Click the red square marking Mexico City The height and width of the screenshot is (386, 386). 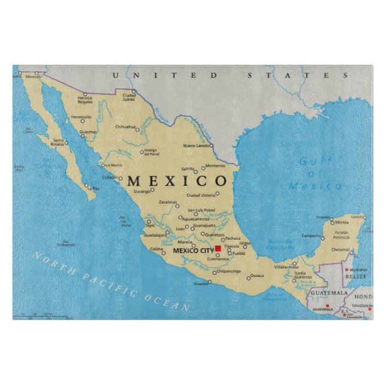coord(218,248)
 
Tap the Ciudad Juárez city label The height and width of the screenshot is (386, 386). coord(129,97)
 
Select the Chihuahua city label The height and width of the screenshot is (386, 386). coord(125,126)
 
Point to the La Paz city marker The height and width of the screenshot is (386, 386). coord(86,185)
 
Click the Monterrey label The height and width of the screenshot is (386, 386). coord(215,165)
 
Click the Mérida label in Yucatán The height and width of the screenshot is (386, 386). coord(342,222)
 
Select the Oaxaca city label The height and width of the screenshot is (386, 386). coord(257,276)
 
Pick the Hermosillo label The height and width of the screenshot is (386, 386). coord(82,117)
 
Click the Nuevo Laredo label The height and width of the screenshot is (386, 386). coord(197,146)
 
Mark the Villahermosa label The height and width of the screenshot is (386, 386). coord(286,267)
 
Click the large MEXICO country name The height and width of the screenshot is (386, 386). coord(177,180)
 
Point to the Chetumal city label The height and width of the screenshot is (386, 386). coord(340,249)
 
